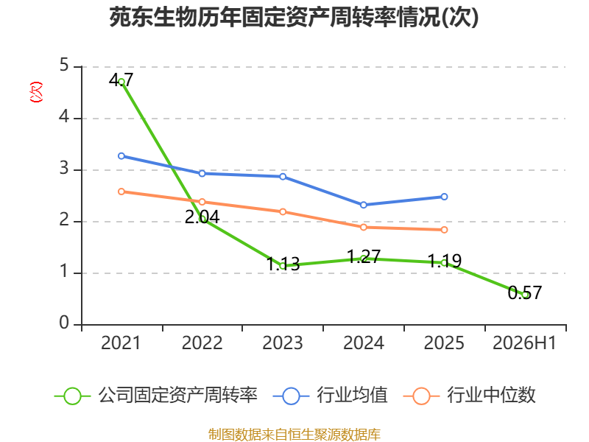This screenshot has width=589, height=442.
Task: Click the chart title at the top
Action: pyautogui.click(x=294, y=17)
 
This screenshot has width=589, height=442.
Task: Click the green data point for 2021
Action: pyautogui.click(x=121, y=82)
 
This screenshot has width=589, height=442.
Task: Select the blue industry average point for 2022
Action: pyautogui.click(x=202, y=173)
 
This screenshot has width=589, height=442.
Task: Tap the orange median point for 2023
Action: pyautogui.click(x=283, y=211)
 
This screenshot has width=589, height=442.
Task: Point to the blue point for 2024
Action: pyautogui.click(x=364, y=205)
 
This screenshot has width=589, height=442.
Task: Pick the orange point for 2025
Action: pyautogui.click(x=445, y=230)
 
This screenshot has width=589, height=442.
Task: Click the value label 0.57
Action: pyautogui.click(x=525, y=292)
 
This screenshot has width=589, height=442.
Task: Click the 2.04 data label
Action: pyautogui.click(x=202, y=217)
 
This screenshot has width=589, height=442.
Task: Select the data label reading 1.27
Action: pyautogui.click(x=364, y=256)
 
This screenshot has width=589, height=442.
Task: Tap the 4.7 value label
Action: pyautogui.click(x=121, y=80)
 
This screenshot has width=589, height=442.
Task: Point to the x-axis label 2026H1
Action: pyautogui.click(x=524, y=343)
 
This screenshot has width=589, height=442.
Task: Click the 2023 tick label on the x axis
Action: pyautogui.click(x=283, y=343)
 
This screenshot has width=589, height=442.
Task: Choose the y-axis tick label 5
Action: pyautogui.click(x=64, y=66)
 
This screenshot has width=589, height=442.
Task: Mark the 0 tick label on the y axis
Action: pyautogui.click(x=64, y=323)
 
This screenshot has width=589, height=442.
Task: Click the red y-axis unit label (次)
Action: pyautogui.click(x=36, y=92)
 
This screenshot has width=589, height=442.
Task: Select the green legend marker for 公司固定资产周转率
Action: pyautogui.click(x=72, y=396)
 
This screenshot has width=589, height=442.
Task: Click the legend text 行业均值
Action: pyautogui.click(x=352, y=395)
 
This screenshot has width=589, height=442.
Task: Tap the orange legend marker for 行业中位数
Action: pyautogui.click(x=421, y=396)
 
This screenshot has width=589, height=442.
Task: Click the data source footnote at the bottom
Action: pyautogui.click(x=294, y=435)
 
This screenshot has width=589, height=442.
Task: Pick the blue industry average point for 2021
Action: pyautogui.click(x=121, y=156)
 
